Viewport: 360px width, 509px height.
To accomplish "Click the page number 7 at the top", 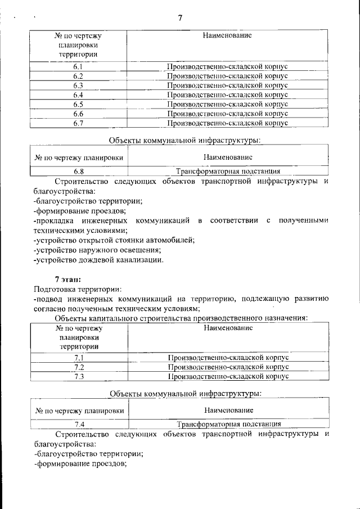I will pyautogui.click(x=180, y=18).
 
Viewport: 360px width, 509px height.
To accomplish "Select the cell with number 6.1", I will pyautogui.click(x=78, y=67).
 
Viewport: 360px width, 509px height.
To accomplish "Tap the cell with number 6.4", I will pyautogui.click(x=78, y=94).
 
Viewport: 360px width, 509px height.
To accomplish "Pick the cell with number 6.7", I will pyautogui.click(x=78, y=123).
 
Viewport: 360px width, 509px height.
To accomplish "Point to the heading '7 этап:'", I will pyautogui.click(x=67, y=279).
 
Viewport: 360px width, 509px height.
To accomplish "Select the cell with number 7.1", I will pyautogui.click(x=79, y=358).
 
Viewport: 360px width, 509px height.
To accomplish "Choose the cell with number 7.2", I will pyautogui.click(x=79, y=367).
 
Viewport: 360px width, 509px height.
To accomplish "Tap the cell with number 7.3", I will pyautogui.click(x=79, y=376).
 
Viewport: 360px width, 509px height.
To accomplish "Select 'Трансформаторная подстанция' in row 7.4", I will pyautogui.click(x=229, y=425).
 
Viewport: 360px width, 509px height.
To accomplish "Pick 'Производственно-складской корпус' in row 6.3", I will pyautogui.click(x=227, y=85).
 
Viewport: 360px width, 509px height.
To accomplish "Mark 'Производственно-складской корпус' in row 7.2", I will pyautogui.click(x=228, y=367).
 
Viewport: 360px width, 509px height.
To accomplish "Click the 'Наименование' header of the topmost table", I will pyautogui.click(x=227, y=35).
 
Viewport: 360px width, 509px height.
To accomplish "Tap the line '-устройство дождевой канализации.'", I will pyautogui.click(x=98, y=260).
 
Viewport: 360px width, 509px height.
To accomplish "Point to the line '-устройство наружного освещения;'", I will pyautogui.click(x=97, y=250).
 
